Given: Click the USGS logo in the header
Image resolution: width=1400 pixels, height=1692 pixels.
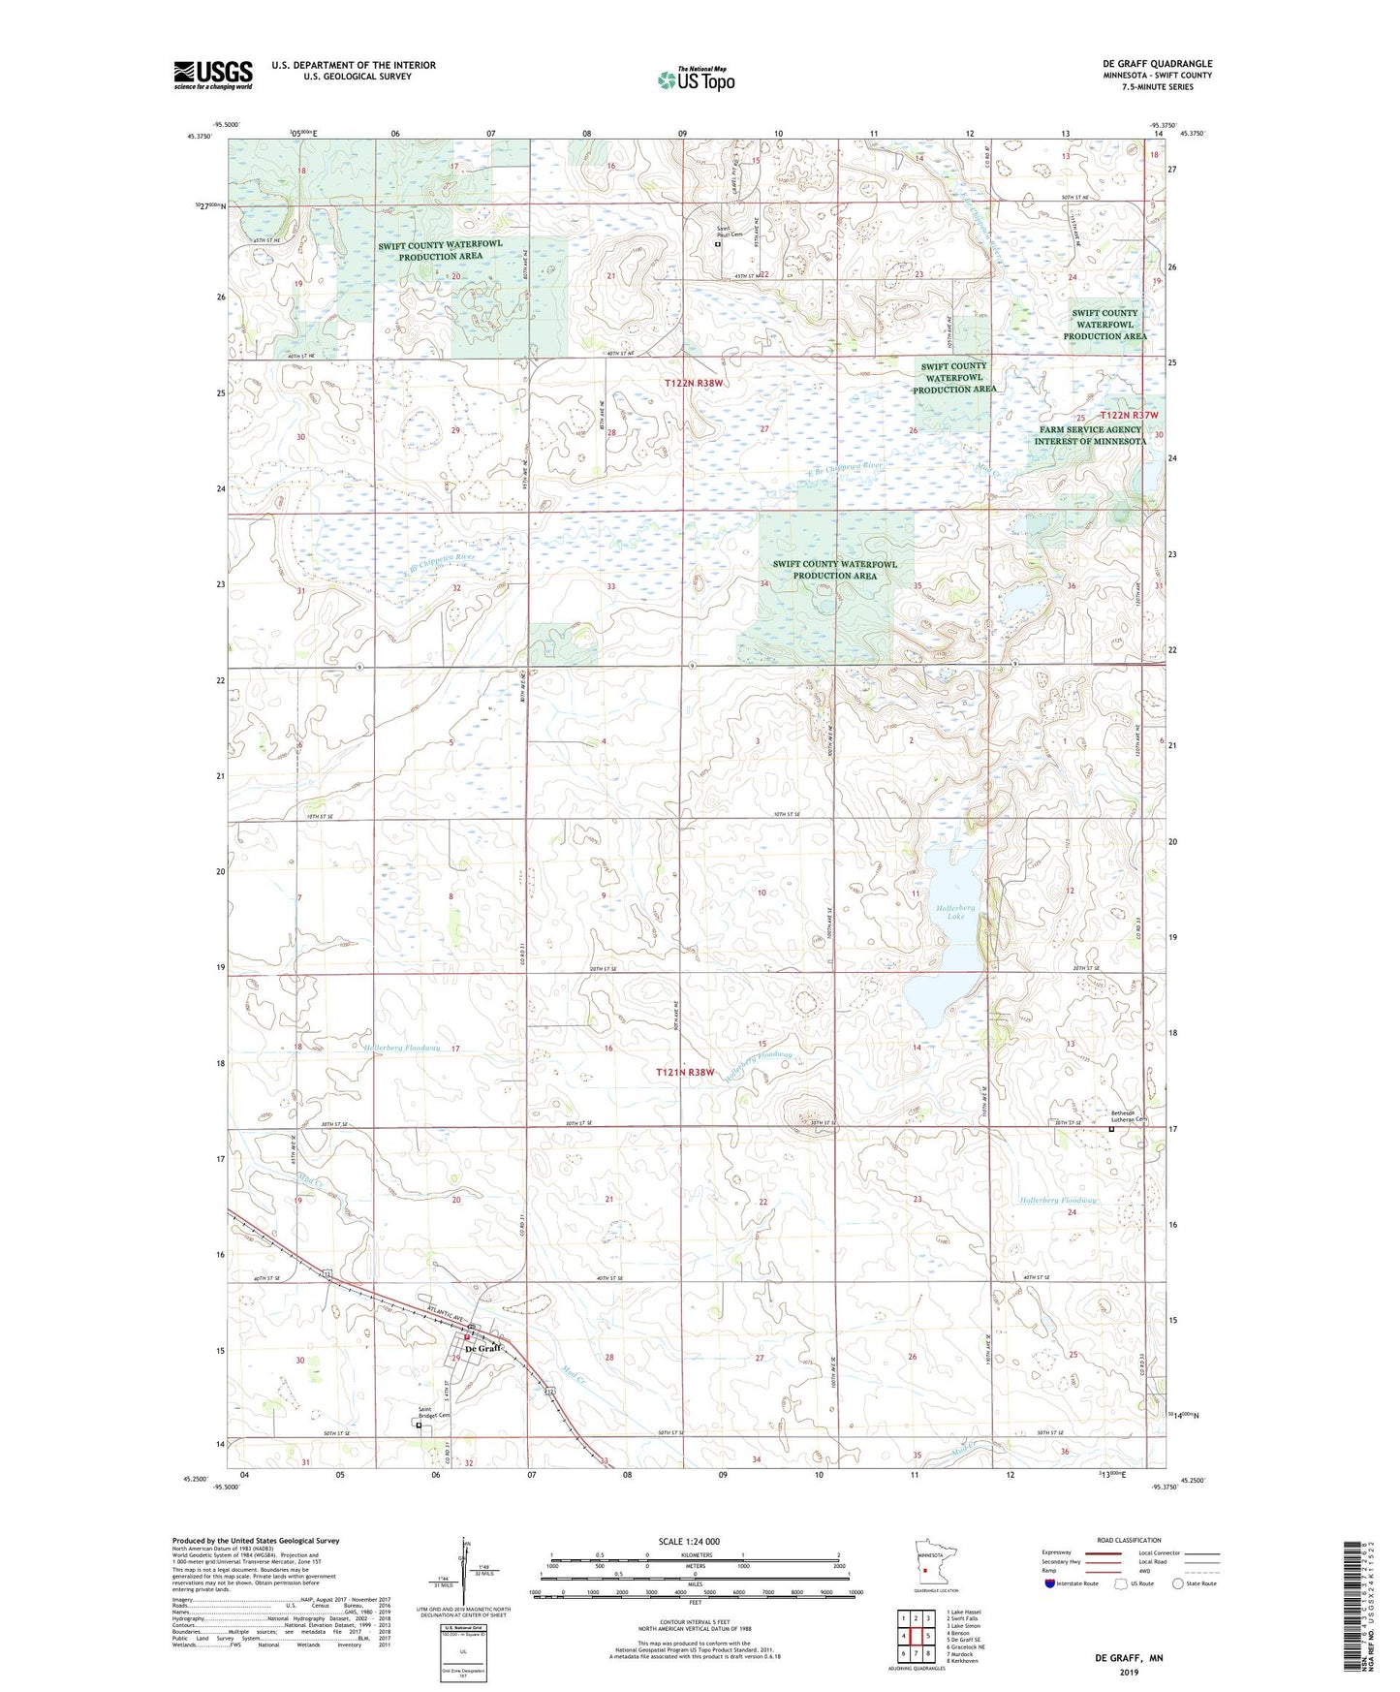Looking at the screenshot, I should click(x=212, y=75).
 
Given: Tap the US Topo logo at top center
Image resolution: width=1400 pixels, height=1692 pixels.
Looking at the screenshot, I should click(x=696, y=79).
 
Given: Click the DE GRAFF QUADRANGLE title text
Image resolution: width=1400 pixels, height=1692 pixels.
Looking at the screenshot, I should click(x=1157, y=64).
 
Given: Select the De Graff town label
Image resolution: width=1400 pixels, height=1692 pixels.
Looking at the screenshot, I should click(x=483, y=1349).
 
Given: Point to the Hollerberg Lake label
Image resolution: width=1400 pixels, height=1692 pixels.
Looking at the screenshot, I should click(x=955, y=911).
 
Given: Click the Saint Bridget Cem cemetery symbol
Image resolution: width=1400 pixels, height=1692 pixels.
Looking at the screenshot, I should click(x=419, y=1426).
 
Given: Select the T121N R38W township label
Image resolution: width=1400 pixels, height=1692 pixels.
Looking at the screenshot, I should click(x=685, y=1073).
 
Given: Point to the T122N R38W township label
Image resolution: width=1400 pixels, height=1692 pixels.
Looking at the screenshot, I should click(x=694, y=383).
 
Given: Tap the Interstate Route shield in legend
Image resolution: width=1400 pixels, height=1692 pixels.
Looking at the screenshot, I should click(x=1050, y=1583).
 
